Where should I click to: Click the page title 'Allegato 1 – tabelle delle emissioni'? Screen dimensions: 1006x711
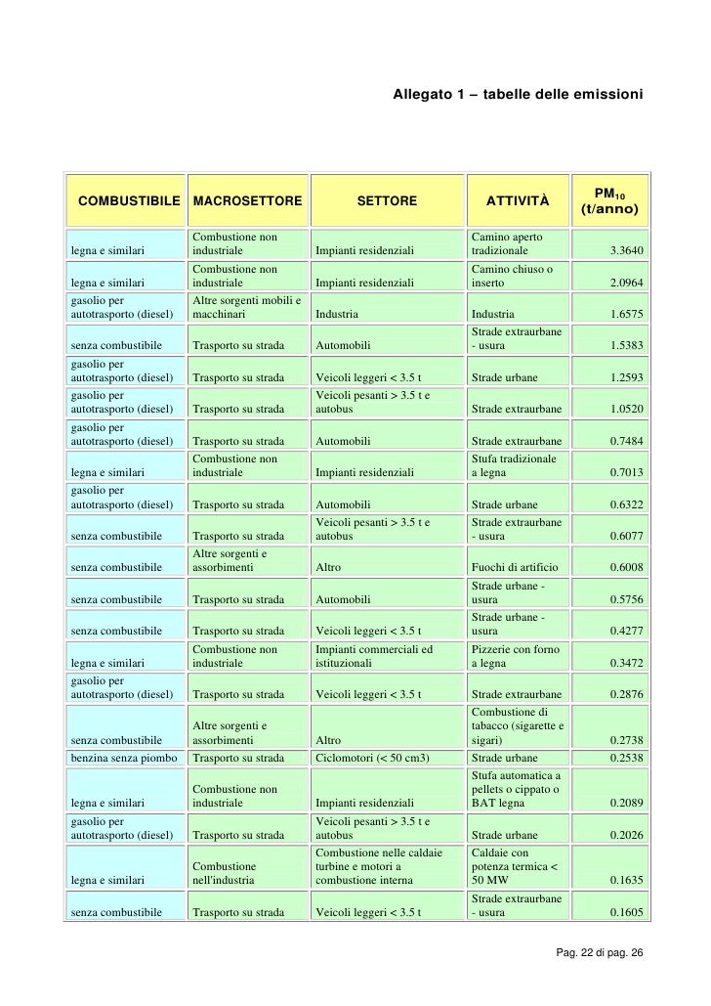click(x=518, y=95)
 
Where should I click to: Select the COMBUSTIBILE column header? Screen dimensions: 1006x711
click(x=123, y=201)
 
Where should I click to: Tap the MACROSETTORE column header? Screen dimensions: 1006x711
click(x=248, y=201)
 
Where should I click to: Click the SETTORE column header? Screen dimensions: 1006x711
click(x=387, y=201)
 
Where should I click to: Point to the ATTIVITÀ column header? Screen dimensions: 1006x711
click(x=518, y=201)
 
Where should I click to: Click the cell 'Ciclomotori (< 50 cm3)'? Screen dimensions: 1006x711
click(x=373, y=757)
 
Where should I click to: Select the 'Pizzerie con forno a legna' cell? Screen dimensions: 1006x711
click(x=515, y=655)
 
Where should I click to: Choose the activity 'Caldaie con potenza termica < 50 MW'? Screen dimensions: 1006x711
click(x=515, y=866)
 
